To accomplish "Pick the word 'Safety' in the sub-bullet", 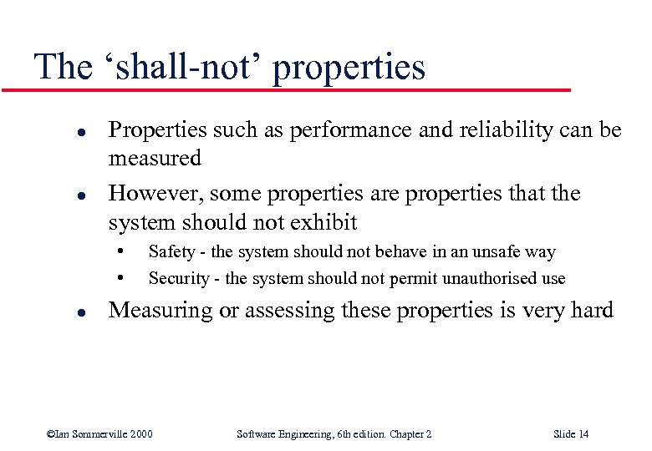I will [171, 251].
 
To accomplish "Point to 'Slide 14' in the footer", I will [571, 433].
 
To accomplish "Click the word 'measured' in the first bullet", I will [155, 158].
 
